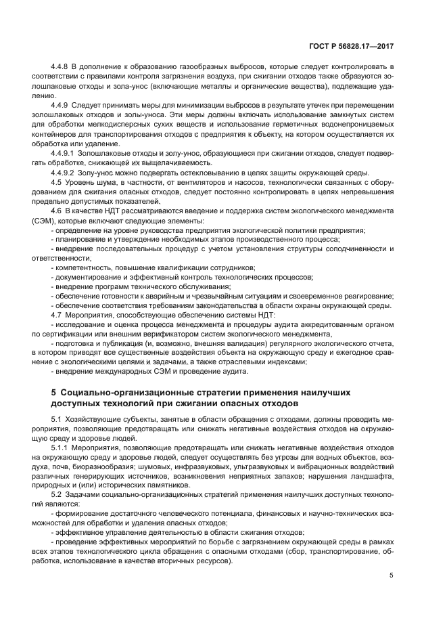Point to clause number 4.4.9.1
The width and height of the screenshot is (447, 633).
click(65, 155)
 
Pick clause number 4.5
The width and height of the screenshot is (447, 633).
click(57, 183)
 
